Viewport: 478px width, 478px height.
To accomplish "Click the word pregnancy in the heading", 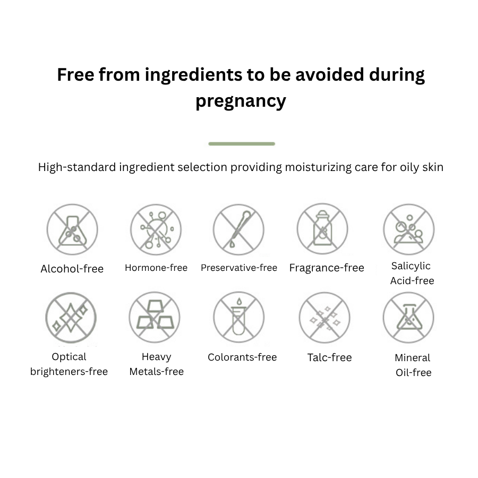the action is pos(241,100).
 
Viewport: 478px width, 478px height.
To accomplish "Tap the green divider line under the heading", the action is pos(242,143).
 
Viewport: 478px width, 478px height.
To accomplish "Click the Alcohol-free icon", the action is pos(72,229).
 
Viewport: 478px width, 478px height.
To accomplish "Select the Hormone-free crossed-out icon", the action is pos(156,229).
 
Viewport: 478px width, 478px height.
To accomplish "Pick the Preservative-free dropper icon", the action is pos(238,229).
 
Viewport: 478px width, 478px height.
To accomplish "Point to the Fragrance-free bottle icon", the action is pos(322,229).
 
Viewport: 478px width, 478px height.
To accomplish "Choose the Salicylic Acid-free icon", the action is pos(409,229).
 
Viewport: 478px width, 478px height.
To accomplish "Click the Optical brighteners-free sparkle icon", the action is pos(71,318).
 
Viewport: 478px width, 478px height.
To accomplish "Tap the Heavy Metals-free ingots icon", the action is pos(155,317).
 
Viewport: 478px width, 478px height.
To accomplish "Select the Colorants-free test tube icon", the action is pos(238,317).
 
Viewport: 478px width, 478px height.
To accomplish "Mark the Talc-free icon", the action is pos(325,318).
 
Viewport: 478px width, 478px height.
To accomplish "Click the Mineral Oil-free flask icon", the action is pos(408,318).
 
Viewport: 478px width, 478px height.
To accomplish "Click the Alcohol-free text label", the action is pos(72,269).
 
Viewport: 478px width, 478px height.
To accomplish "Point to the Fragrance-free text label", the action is pos(327,268).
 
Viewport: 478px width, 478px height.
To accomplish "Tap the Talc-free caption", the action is pos(329,357).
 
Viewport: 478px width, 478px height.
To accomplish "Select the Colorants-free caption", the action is pos(242,357).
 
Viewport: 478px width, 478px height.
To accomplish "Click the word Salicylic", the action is pos(411,266).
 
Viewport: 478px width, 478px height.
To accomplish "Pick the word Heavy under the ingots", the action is pos(156,357).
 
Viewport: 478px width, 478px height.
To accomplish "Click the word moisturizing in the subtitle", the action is pos(318,167).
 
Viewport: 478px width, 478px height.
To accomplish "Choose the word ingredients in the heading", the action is pos(193,75).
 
